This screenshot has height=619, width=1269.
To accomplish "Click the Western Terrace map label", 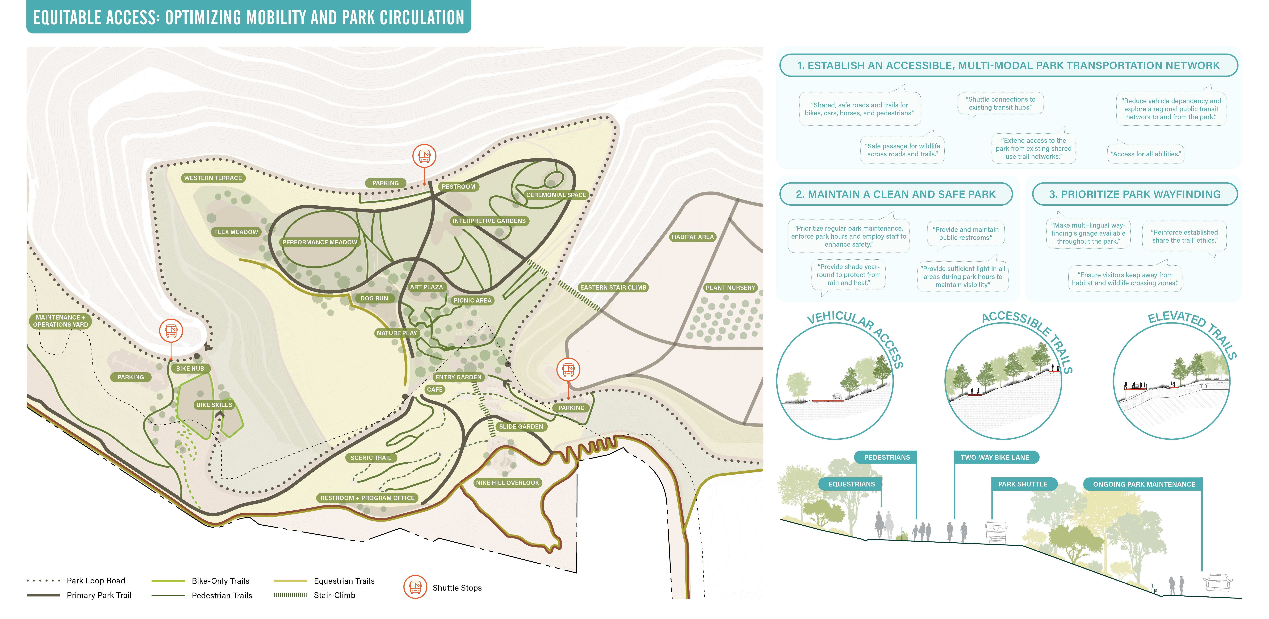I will click(x=213, y=178).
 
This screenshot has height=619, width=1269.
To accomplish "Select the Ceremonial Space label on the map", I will click(x=556, y=195).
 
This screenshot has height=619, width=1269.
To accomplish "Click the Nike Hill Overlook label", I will click(x=507, y=483).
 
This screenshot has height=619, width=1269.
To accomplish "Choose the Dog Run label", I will click(x=374, y=298).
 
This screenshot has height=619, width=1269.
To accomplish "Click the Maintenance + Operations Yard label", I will click(x=61, y=321).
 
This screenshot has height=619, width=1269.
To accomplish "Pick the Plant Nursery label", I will click(x=730, y=288).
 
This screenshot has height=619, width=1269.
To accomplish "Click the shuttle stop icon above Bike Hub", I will click(x=171, y=330).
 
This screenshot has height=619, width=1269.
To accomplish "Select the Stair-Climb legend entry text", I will click(x=335, y=595).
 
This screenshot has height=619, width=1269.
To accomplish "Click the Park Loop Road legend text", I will click(x=96, y=581).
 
